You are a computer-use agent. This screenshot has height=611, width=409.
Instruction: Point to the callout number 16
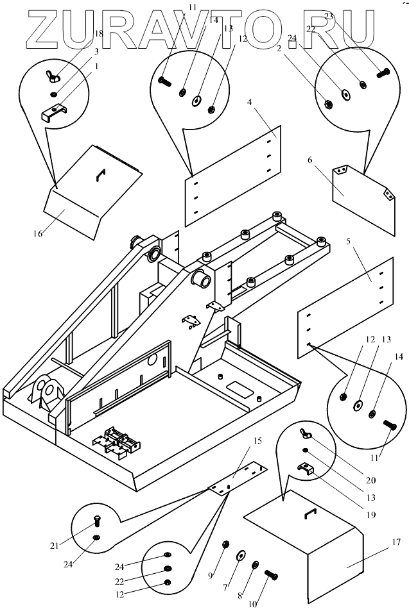[x=38, y=233]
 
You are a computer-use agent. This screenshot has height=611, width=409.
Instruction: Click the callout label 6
[x=310, y=160]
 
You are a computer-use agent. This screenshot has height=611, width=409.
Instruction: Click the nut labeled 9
[x=226, y=546]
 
